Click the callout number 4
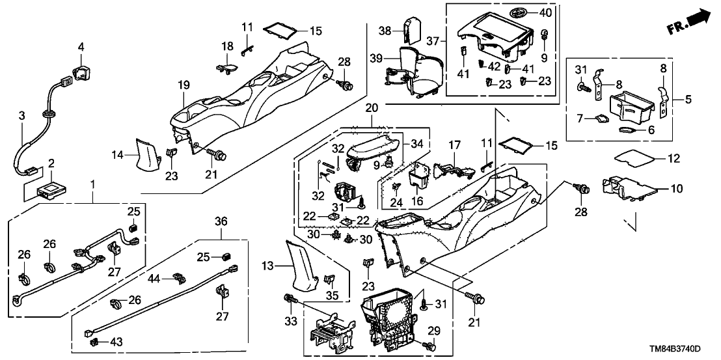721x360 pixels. [81, 46]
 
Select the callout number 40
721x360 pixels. [545, 13]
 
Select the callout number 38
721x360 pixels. [385, 30]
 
